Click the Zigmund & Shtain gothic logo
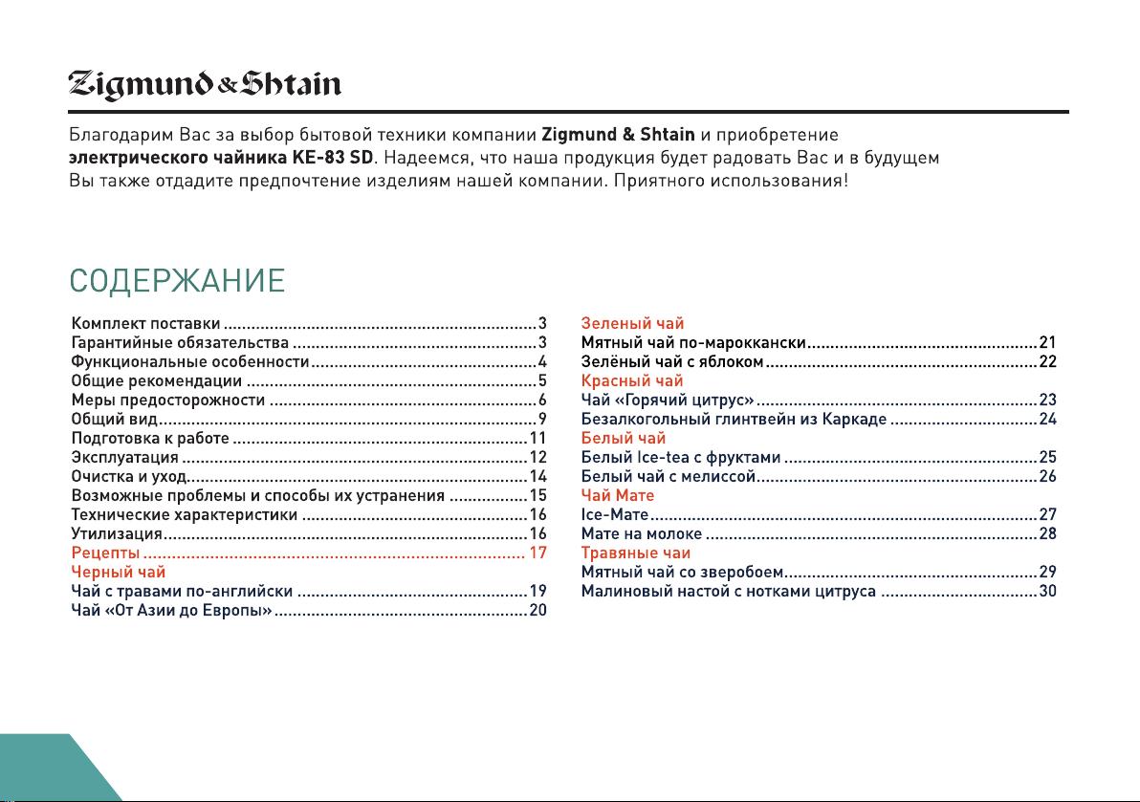click(205, 87)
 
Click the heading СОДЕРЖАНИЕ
click(177, 282)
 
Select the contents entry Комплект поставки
click(146, 324)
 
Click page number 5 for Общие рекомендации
click(541, 381)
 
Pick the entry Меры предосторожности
click(168, 401)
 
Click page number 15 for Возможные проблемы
click(537, 496)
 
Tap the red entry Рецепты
click(107, 553)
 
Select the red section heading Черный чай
click(120, 573)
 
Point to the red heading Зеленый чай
click(632, 324)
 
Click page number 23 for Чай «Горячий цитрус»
click(1047, 400)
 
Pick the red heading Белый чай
click(624, 439)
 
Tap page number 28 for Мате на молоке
click(1047, 533)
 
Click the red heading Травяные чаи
click(636, 553)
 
